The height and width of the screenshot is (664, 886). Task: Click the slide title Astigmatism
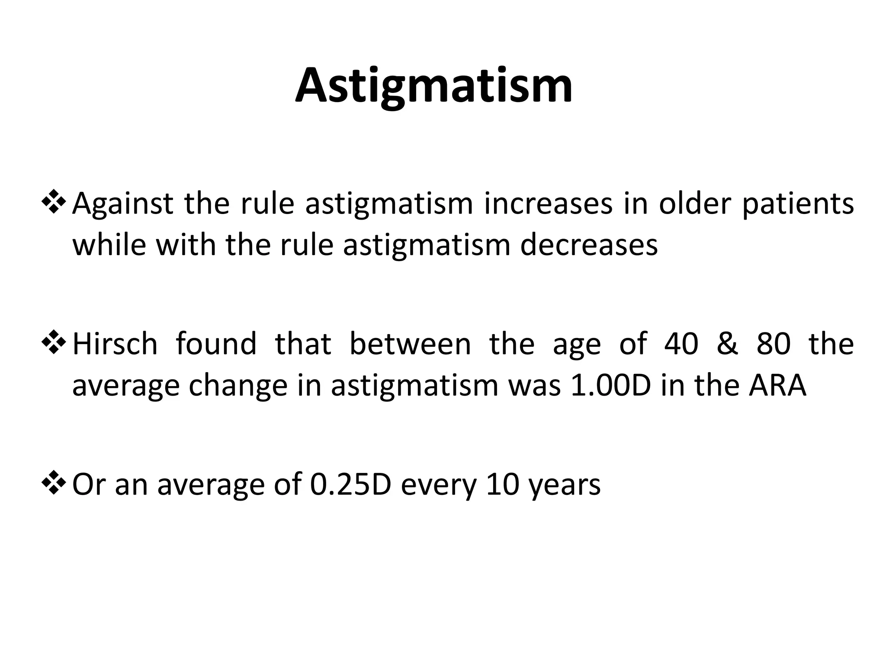(434, 86)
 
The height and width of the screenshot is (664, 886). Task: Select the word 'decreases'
(589, 245)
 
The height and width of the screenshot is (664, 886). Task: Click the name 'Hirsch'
(115, 344)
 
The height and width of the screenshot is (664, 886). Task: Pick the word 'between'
(410, 344)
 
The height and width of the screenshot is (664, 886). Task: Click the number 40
(681, 345)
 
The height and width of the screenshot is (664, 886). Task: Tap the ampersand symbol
(727, 345)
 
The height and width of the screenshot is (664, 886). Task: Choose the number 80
(774, 345)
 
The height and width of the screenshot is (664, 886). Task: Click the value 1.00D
(611, 386)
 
